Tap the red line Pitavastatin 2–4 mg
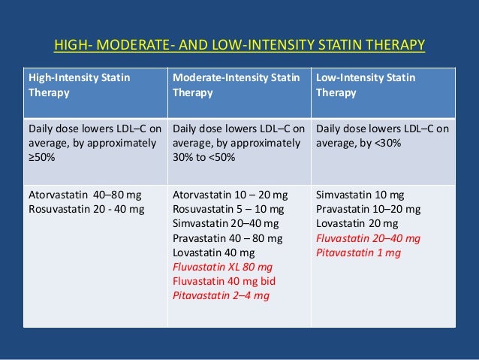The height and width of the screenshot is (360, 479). [221, 295]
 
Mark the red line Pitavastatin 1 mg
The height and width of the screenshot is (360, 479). [359, 253]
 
